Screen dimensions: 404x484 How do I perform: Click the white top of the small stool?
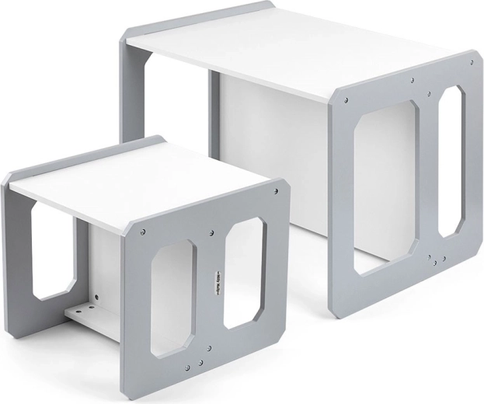[x=140, y=183]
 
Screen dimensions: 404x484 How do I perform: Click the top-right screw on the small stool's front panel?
[x=275, y=190]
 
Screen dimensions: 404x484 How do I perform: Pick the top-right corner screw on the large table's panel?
[x=470, y=62]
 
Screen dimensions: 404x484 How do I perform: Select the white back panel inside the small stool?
[x=105, y=264]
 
